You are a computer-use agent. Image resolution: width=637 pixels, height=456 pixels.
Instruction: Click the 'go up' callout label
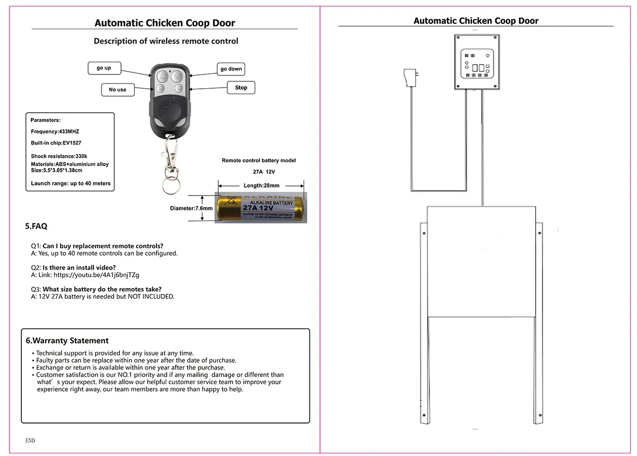[x=104, y=68]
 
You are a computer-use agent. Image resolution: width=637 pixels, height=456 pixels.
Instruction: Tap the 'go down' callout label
[x=231, y=69]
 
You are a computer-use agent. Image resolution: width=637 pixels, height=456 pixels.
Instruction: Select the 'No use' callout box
[x=117, y=90]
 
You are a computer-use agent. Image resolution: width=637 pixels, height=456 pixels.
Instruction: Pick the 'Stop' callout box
[x=241, y=88]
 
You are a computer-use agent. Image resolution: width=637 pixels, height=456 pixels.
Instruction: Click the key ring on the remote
[x=170, y=187]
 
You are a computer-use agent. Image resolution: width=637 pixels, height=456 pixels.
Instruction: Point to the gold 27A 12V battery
[x=260, y=208]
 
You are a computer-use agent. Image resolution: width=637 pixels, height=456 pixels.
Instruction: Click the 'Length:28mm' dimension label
[x=261, y=185]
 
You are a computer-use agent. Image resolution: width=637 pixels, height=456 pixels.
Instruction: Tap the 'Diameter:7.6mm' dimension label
[x=191, y=208]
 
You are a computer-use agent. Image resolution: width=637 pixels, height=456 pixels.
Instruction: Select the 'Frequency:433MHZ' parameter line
[x=55, y=131]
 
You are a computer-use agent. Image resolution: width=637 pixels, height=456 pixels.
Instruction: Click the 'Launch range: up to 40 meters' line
[x=71, y=183]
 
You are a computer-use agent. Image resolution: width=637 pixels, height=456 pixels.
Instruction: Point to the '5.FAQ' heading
[x=36, y=226]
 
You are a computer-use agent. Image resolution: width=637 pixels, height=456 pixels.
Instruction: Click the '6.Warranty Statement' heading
[x=67, y=341]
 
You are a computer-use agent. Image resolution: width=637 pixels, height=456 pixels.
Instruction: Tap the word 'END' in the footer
[x=30, y=441]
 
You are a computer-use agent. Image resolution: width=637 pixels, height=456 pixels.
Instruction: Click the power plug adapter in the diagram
[x=410, y=78]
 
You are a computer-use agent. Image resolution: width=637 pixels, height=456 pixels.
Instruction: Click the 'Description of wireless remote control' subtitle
[x=166, y=41]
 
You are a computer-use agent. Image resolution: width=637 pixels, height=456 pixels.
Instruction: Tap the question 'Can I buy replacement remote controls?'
[x=103, y=246]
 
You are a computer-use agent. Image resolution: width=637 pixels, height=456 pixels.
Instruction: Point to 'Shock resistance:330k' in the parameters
[x=59, y=156]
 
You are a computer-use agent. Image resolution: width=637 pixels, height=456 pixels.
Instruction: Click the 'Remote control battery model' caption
[x=259, y=161]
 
